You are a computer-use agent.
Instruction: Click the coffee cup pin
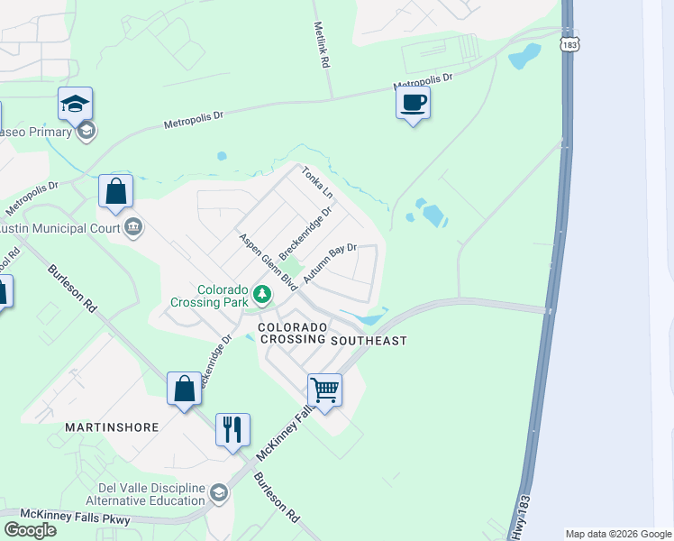pyautogui.click(x=413, y=103)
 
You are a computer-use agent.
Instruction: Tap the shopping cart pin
pyautogui.click(x=324, y=390)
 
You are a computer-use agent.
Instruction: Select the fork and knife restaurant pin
pyautogui.click(x=232, y=430)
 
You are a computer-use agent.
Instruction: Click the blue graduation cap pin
pyautogui.click(x=76, y=105)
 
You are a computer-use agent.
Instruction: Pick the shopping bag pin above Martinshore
pyautogui.click(x=184, y=389)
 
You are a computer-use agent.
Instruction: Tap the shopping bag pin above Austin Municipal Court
pyautogui.click(x=115, y=190)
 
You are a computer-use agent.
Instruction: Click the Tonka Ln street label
pyautogui.click(x=317, y=183)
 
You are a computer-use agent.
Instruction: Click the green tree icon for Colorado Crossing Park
pyautogui.click(x=261, y=294)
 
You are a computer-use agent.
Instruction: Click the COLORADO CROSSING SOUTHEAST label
pyautogui.click(x=333, y=334)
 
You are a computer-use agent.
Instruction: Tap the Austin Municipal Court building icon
pyautogui.click(x=133, y=226)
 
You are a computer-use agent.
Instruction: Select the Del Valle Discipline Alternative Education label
pyautogui.click(x=146, y=495)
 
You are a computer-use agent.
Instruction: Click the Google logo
pyautogui.click(x=30, y=529)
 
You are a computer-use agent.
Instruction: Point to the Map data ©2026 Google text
pyautogui.click(x=618, y=534)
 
